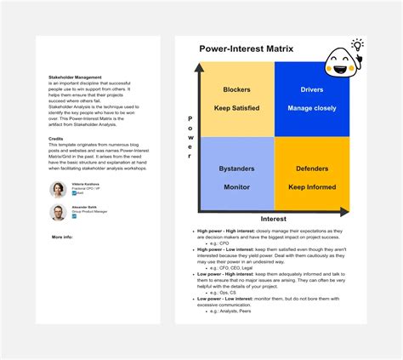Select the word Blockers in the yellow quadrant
(x=236, y=89)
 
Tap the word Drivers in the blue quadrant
(x=312, y=89)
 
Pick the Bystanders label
(x=236, y=169)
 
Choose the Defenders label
(x=312, y=169)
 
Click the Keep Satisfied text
(x=236, y=108)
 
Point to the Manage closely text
(x=312, y=108)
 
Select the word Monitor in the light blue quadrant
(x=236, y=187)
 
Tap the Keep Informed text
(x=312, y=187)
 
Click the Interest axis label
(x=274, y=219)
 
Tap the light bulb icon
(x=358, y=45)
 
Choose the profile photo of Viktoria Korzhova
(x=58, y=189)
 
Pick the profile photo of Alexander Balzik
(x=58, y=213)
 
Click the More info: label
(x=62, y=237)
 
